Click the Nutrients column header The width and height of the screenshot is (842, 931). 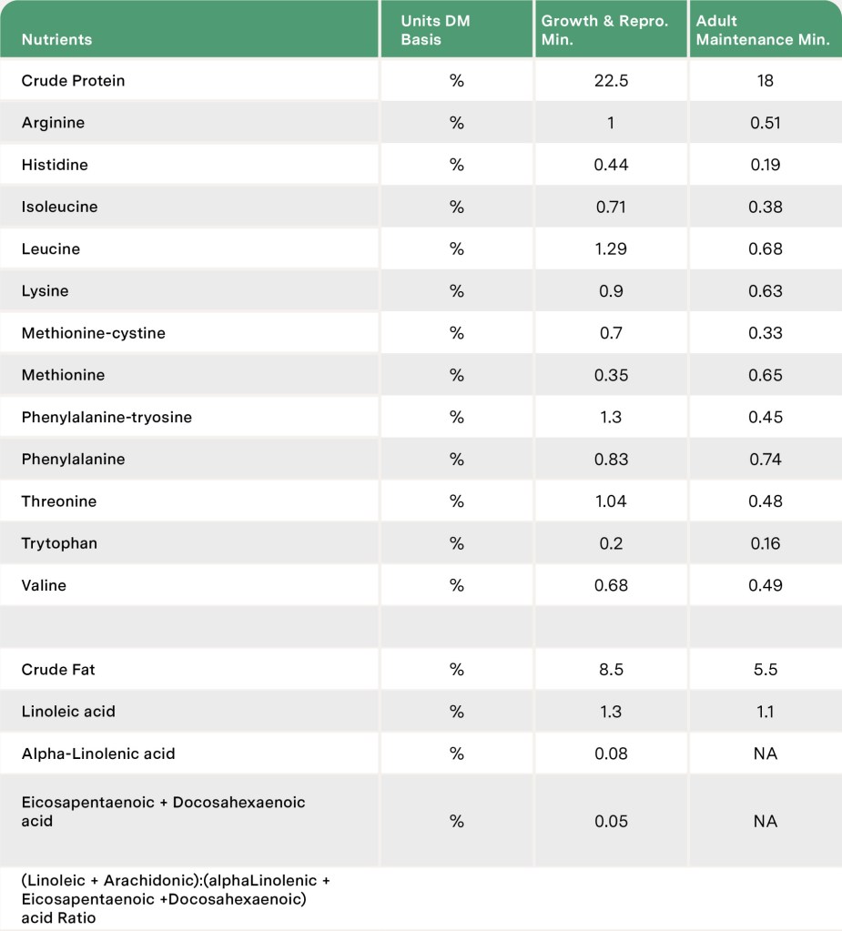pyautogui.click(x=56, y=40)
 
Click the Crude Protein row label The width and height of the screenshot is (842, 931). pyautogui.click(x=73, y=81)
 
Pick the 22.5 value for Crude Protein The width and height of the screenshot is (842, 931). pyautogui.click(x=611, y=81)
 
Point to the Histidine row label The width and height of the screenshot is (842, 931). pyautogui.click(x=55, y=165)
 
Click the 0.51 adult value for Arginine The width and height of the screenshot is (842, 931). pyautogui.click(x=766, y=123)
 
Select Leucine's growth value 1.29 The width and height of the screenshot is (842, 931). pyautogui.click(x=611, y=249)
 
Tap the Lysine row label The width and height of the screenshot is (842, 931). pyautogui.click(x=45, y=291)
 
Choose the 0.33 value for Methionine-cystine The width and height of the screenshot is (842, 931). pyautogui.click(x=766, y=333)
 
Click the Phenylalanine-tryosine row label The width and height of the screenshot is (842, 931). pyautogui.click(x=107, y=418)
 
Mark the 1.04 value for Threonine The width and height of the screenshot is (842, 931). pyautogui.click(x=611, y=501)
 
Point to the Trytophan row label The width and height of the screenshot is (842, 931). pyautogui.click(x=59, y=543)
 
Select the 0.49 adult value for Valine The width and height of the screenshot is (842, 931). pyautogui.click(x=766, y=585)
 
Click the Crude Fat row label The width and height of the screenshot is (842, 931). pyautogui.click(x=58, y=670)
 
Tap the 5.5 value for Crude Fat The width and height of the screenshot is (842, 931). pyautogui.click(x=766, y=670)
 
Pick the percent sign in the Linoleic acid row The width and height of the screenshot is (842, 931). pyautogui.click(x=456, y=712)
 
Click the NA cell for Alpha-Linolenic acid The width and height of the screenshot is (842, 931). pyautogui.click(x=766, y=754)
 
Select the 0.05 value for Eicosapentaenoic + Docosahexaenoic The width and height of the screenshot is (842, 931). pyautogui.click(x=611, y=821)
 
